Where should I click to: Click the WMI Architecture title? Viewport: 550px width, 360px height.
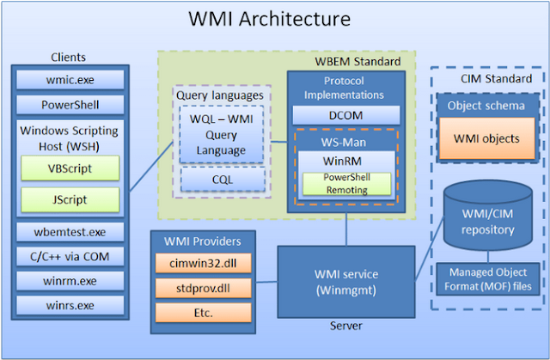coord(274,18)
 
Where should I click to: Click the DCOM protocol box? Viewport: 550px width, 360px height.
coord(345,114)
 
